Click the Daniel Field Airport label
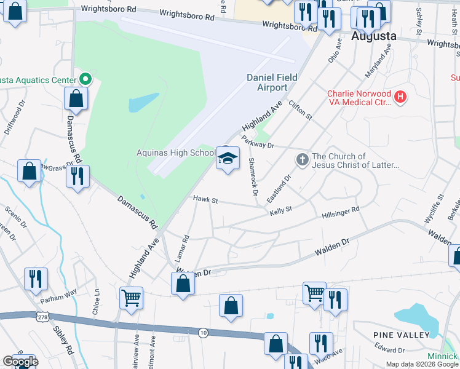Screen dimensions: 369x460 coord(272,82)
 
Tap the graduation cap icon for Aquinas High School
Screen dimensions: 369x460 coord(227,159)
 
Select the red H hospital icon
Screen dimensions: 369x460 coord(400,97)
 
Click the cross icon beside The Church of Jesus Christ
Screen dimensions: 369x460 coord(302,160)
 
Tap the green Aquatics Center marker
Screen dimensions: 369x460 coord(85,80)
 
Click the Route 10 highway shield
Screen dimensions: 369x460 coord(202,332)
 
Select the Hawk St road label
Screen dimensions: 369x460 coord(206,200)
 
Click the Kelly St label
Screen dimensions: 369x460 coord(280,212)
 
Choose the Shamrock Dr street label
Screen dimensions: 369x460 coord(253,177)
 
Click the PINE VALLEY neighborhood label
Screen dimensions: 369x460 coord(401,335)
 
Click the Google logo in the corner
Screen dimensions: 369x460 coord(20,362)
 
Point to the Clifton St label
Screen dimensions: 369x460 coord(301,110)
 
